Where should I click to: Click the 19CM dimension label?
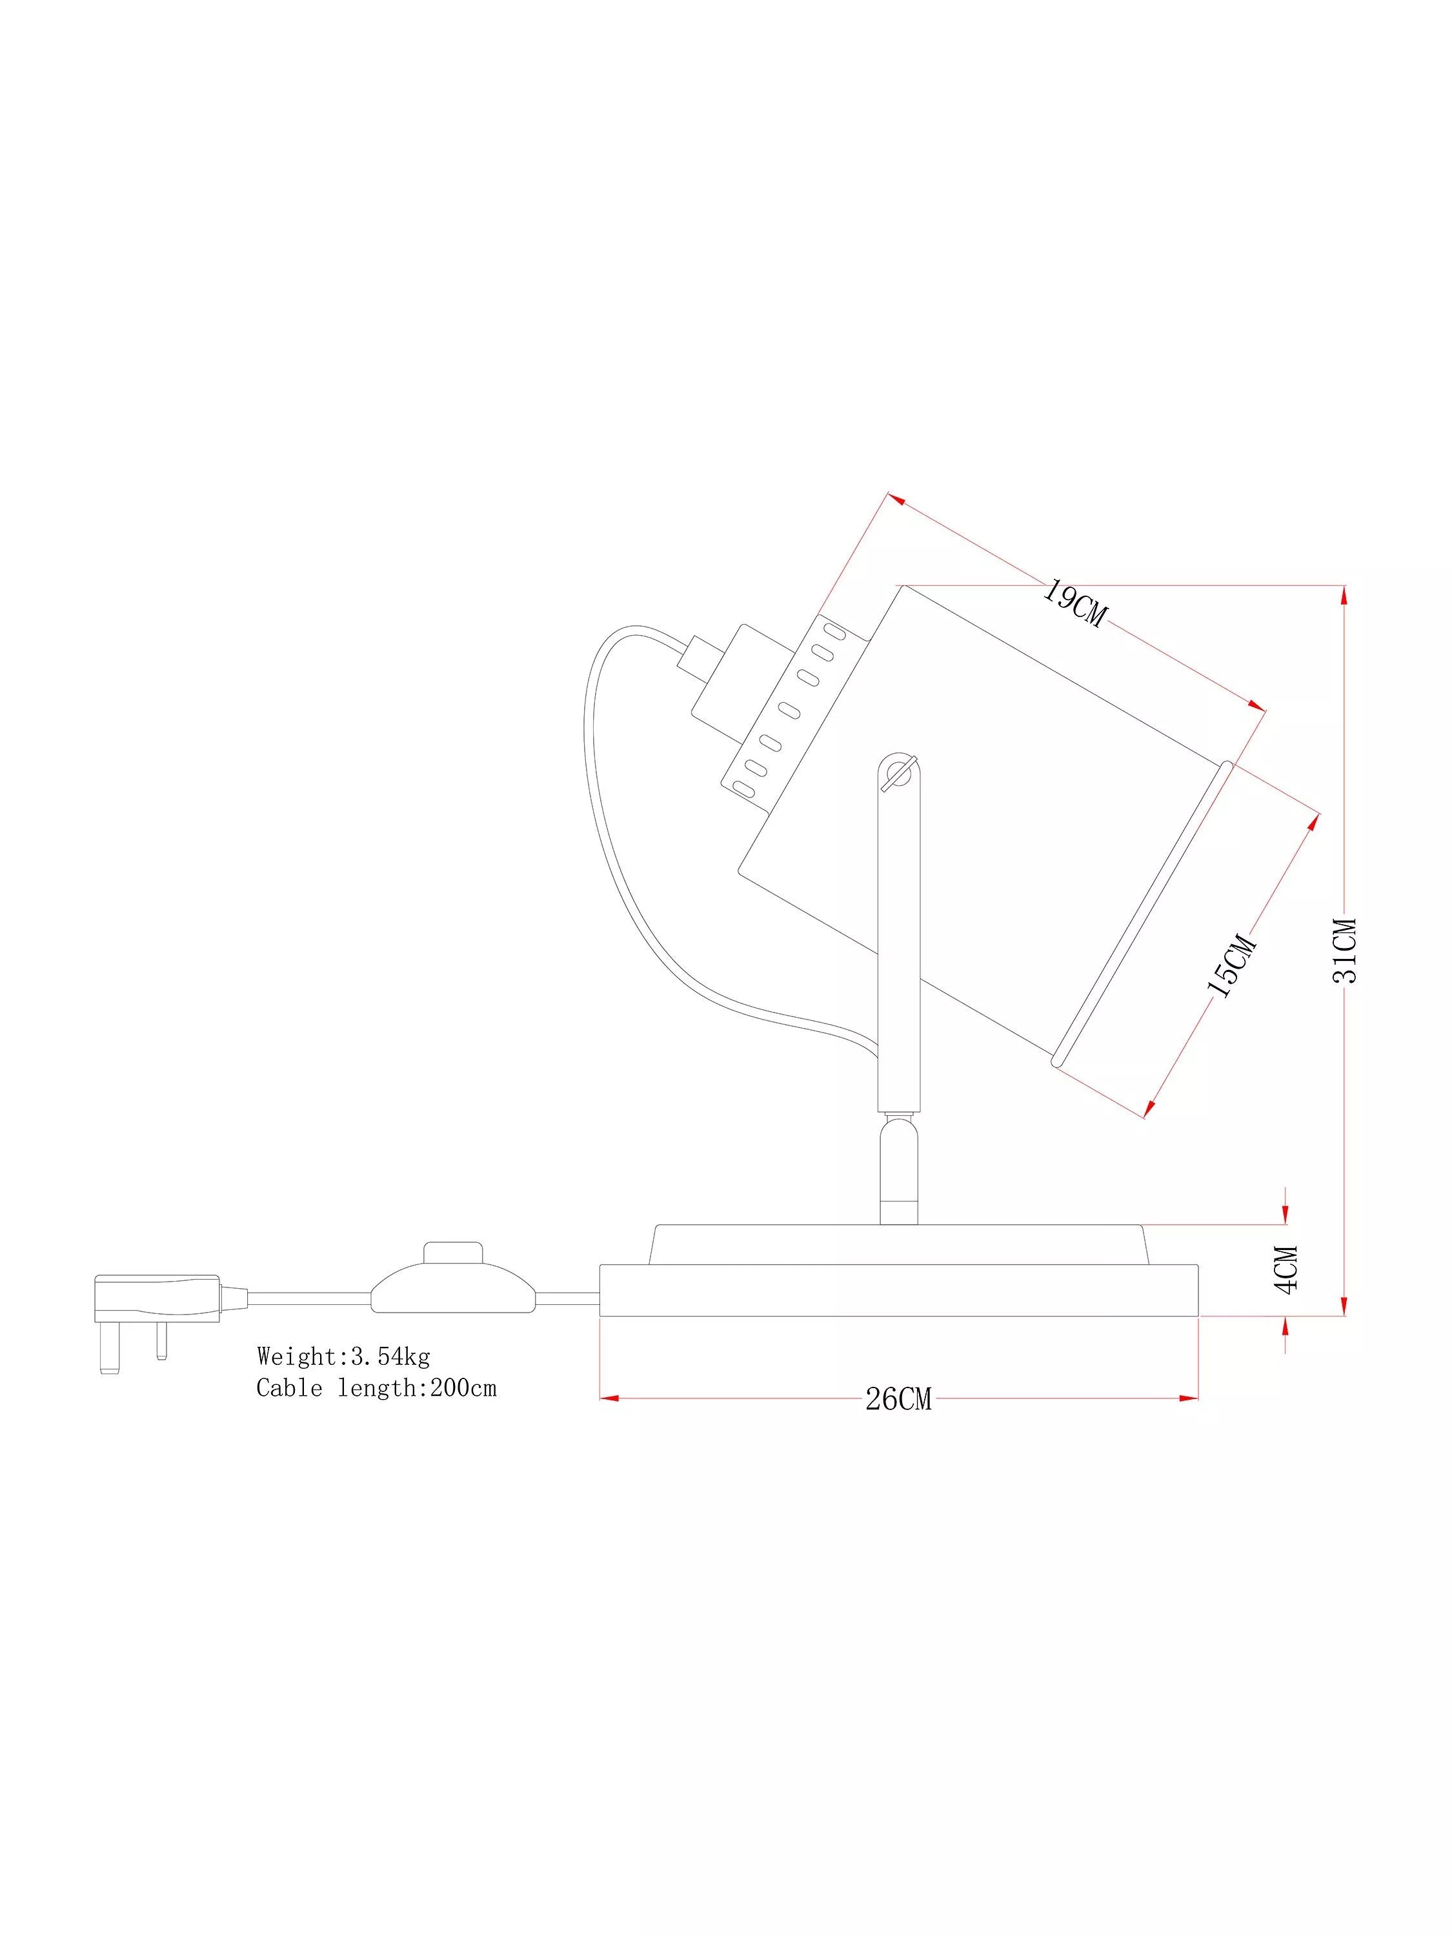pyautogui.click(x=1073, y=604)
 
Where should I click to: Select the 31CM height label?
pyautogui.click(x=1346, y=951)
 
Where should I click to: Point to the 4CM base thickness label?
pyautogui.click(x=1286, y=1269)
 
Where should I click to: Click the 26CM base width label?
pyautogui.click(x=899, y=1400)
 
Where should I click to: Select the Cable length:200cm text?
pyautogui.click(x=376, y=1388)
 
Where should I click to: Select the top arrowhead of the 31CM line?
pyautogui.click(x=1344, y=595)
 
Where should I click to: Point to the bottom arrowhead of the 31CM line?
pyautogui.click(x=1344, y=1305)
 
